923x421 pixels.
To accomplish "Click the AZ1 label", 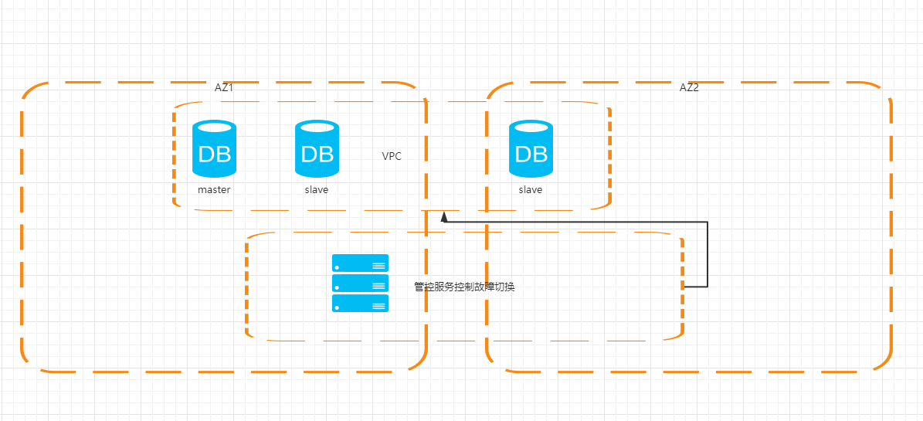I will pos(224,88).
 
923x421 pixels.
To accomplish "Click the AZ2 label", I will pos(689,88).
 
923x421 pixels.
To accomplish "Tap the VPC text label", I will pos(392,156).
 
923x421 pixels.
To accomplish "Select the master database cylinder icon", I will pos(214,149).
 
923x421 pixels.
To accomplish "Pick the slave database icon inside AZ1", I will pos(317,149).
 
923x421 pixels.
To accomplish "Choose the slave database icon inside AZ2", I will pos(531,149).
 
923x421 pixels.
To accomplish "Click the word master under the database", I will pos(214,190).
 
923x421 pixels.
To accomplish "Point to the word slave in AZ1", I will pos(317,190).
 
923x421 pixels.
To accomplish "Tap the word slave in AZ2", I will pos(531,190).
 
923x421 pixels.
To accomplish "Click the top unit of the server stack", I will pos(360,263).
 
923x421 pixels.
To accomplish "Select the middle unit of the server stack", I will pos(360,283).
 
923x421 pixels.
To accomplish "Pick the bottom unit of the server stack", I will pos(360,304).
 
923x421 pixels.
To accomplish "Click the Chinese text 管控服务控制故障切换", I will pos(464,287).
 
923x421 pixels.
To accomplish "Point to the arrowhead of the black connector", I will pos(444,217).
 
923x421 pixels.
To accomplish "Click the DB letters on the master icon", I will pos(214,154).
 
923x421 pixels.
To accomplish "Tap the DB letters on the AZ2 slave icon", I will pos(531,154).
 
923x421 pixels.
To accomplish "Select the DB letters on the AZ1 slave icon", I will pos(317,154).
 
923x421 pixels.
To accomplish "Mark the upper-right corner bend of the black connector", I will pos(707,222).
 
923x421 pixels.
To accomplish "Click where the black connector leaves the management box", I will pos(684,287).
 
